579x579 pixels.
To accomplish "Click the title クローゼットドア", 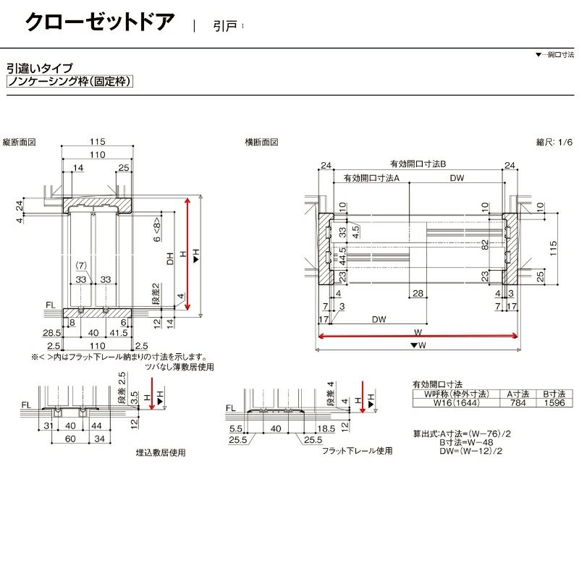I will click(100, 22).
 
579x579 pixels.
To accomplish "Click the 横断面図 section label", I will click(262, 143).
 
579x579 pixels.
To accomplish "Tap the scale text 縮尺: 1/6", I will click(554, 143).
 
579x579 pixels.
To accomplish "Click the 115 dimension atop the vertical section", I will click(98, 142).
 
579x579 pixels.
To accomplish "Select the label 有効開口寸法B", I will click(417, 164).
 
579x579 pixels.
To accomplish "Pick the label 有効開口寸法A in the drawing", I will click(371, 178).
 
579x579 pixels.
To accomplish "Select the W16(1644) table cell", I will click(452, 402).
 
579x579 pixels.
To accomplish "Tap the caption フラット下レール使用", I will click(357, 449).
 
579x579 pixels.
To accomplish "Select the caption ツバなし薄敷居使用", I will click(180, 367).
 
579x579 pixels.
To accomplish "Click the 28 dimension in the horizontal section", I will click(418, 292).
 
